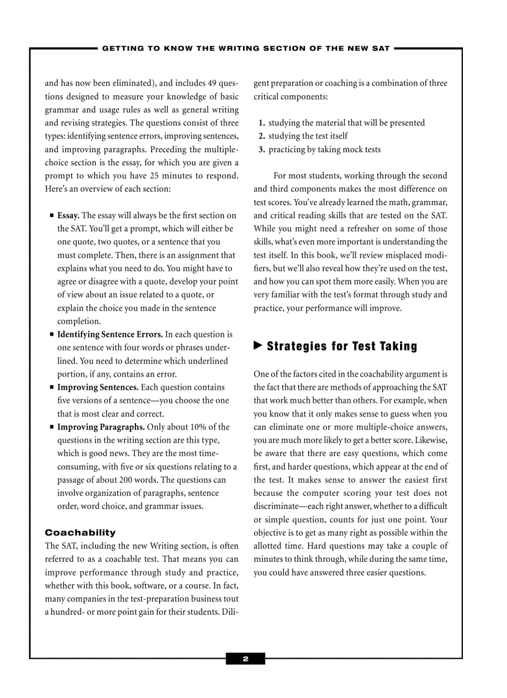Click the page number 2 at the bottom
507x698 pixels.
(x=245, y=659)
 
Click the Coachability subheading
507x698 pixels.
(x=80, y=533)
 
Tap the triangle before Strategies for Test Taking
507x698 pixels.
(x=258, y=346)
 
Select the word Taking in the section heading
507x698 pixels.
(x=396, y=346)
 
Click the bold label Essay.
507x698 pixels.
(x=68, y=216)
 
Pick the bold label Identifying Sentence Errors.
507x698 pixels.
(x=110, y=334)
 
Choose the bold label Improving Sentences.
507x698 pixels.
(x=98, y=387)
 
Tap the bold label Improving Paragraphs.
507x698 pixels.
(x=101, y=427)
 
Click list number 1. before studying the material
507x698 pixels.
(x=262, y=123)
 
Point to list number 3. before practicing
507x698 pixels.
(x=262, y=150)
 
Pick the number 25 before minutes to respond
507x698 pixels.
(x=157, y=176)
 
